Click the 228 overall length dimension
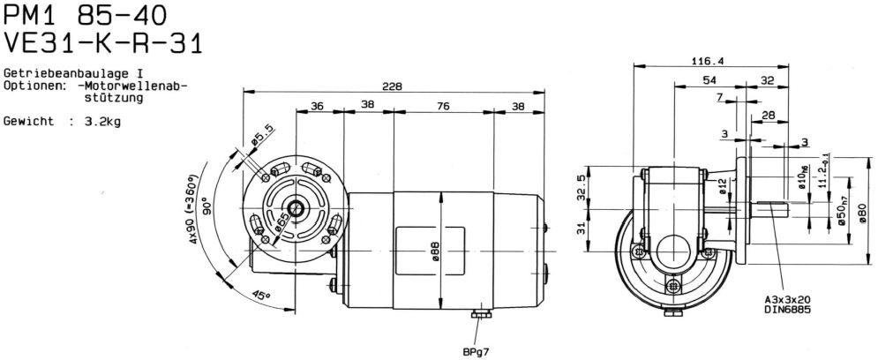tap(392, 86)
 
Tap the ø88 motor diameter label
tap(435, 247)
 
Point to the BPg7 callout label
tap(476, 352)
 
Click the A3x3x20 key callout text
tap(786, 299)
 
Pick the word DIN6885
tap(786, 310)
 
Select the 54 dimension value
tap(709, 80)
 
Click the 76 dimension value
tap(444, 105)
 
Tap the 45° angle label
tap(261, 296)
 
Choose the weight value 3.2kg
tap(102, 122)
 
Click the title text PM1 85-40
tap(86, 17)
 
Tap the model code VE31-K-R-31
tap(103, 43)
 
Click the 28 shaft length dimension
tap(769, 116)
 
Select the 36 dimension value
tap(317, 105)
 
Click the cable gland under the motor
tap(481, 314)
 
